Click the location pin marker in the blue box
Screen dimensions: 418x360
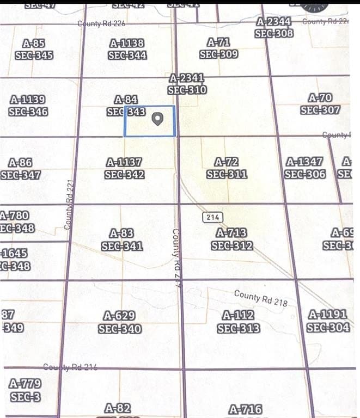pyautogui.click(x=157, y=119)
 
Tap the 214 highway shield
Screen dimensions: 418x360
pyautogui.click(x=213, y=217)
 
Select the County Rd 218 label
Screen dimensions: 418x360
pyautogui.click(x=260, y=298)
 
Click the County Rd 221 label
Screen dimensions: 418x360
pyautogui.click(x=68, y=204)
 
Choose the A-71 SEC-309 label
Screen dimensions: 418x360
pyautogui.click(x=218, y=48)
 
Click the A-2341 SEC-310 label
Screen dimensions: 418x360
pyautogui.click(x=187, y=84)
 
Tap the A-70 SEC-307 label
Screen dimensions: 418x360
pyautogui.click(x=320, y=104)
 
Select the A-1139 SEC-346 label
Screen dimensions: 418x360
pyautogui.click(x=28, y=106)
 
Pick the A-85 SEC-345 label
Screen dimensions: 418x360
pyautogui.click(x=34, y=49)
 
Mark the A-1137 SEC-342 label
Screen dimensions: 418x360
pyautogui.click(x=124, y=168)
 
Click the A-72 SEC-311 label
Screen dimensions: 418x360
pyautogui.click(x=227, y=168)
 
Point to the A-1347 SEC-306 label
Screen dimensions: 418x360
pyautogui.click(x=305, y=168)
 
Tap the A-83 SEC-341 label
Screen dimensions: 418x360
pyautogui.click(x=122, y=239)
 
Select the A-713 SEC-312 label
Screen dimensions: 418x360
pyautogui.click(x=232, y=239)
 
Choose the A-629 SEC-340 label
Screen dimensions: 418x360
pyautogui.click(x=120, y=322)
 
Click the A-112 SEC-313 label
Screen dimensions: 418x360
pyautogui.click(x=239, y=322)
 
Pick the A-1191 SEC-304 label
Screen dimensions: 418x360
pyautogui.click(x=328, y=321)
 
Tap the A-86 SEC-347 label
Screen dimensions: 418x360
pyautogui.click(x=21, y=169)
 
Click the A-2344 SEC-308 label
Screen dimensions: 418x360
pyautogui.click(x=274, y=27)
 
